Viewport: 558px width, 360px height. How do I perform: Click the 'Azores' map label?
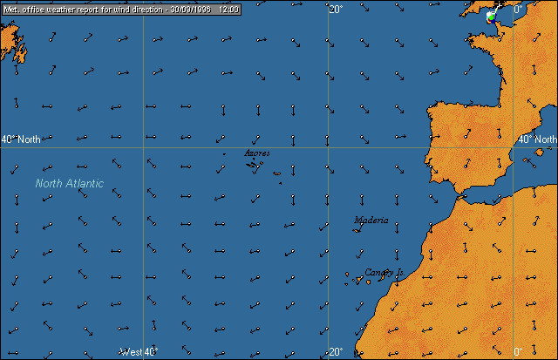pos(256,153)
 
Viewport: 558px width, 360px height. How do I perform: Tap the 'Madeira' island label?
pos(371,221)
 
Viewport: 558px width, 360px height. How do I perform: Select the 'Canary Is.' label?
pos(384,273)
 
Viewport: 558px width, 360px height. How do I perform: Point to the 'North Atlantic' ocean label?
pos(70,183)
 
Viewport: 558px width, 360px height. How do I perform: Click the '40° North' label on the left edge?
pos(21,139)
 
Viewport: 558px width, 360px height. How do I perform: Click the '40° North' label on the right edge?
pos(537,139)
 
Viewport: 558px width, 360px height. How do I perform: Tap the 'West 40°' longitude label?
pos(139,352)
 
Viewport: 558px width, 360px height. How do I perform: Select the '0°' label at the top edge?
pos(517,10)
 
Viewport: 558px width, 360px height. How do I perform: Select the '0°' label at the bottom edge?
pos(517,352)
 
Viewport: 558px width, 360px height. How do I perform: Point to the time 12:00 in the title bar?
pos(229,7)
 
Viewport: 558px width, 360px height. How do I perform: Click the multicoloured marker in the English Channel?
pos(491,17)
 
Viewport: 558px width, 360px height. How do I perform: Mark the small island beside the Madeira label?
pos(358,231)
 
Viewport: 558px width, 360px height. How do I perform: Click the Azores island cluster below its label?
pos(256,165)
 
